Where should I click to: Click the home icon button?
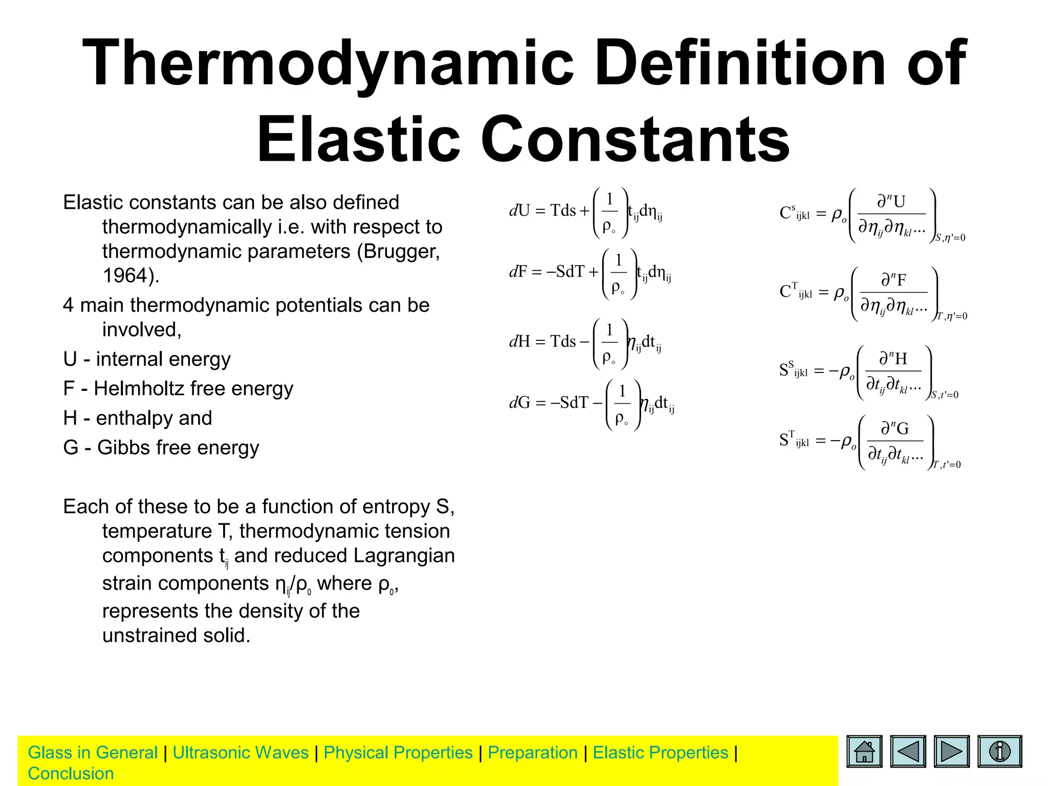[864, 752]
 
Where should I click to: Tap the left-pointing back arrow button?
[908, 752]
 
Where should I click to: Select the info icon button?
[999, 752]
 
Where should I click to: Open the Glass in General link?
[93, 753]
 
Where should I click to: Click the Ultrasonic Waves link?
[241, 753]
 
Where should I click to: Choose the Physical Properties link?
[398, 753]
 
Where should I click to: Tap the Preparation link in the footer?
[532, 753]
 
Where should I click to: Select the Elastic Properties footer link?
[660, 753]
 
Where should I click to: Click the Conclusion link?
[71, 774]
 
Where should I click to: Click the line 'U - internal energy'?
[147, 359]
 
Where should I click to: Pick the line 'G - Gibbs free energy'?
[161, 448]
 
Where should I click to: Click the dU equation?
[586, 212]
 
